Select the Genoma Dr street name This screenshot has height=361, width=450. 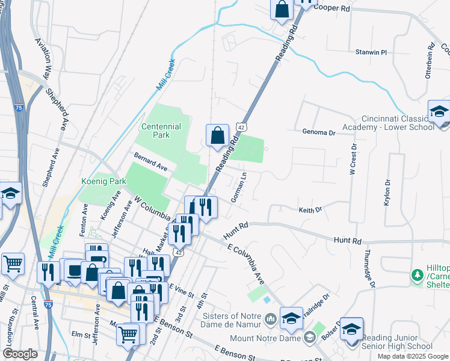[x=318, y=132]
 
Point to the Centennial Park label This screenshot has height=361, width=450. [x=161, y=131]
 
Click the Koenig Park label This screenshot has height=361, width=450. [x=103, y=180]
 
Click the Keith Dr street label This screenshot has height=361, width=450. [x=310, y=210]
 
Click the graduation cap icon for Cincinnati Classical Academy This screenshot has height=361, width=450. [x=439, y=111]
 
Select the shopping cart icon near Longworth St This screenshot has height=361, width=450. [x=13, y=264]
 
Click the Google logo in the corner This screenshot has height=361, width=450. [x=20, y=354]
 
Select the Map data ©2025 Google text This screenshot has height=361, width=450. [x=413, y=356]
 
